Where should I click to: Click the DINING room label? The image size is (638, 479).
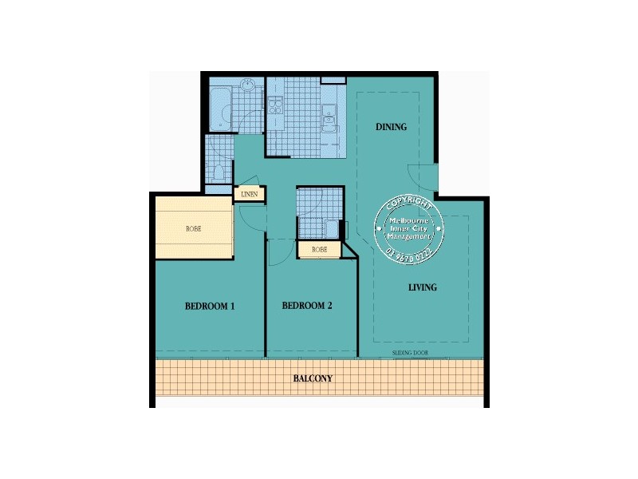391,127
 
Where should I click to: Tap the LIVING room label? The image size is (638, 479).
423,287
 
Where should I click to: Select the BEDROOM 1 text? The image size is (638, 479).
209,306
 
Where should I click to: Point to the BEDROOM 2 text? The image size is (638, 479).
307,306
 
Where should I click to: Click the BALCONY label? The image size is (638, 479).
312,378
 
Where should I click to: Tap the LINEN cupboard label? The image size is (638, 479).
248,194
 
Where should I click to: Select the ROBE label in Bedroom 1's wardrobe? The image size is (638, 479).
194,229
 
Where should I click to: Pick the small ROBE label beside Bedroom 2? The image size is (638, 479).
319,250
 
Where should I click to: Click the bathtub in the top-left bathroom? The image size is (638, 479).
219,110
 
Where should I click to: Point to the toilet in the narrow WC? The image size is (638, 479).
216,170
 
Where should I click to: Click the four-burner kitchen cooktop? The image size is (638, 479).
275,105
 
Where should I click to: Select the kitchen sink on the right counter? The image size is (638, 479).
329,120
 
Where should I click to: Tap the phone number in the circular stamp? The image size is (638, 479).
409,253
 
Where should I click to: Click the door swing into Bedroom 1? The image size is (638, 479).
249,217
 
